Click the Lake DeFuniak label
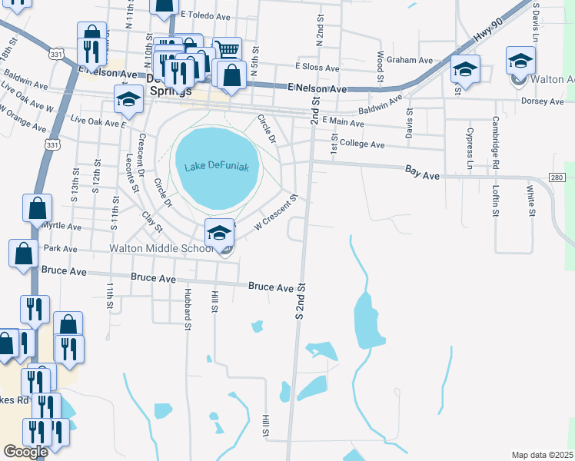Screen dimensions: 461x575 (218, 167)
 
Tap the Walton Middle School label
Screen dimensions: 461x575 (161, 249)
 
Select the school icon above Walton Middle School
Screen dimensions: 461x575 (219, 232)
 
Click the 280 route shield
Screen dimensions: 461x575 (557, 178)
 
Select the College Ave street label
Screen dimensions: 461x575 (361, 144)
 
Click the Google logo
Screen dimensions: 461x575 (25, 452)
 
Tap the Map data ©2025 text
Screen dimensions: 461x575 (542, 455)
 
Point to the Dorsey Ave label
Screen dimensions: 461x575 (543, 101)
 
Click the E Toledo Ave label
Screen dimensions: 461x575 (207, 14)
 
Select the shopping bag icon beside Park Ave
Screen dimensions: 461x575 (24, 253)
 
